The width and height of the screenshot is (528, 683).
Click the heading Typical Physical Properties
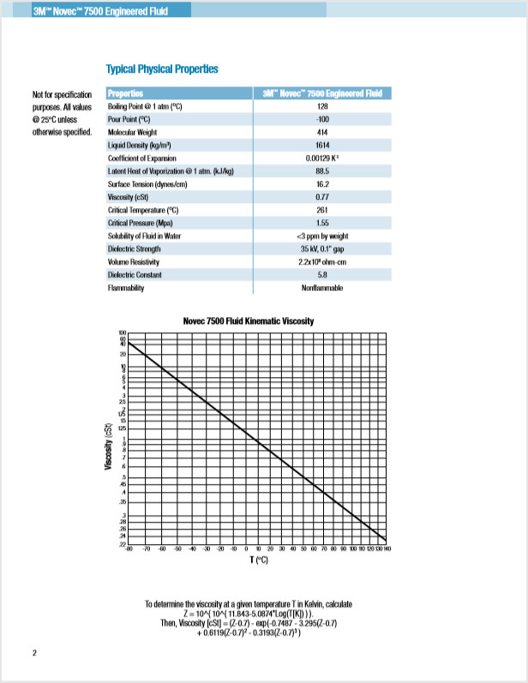click(161, 69)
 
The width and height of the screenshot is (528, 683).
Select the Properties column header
click(125, 93)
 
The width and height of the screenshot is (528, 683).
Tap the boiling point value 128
click(322, 105)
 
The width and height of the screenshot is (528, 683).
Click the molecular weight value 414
click(322, 132)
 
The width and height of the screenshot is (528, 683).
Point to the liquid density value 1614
click(322, 145)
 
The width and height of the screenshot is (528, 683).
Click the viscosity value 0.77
click(322, 196)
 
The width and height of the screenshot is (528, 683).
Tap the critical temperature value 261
click(322, 209)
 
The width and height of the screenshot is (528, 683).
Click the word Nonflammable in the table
click(322, 288)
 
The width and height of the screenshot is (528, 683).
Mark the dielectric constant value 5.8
click(322, 274)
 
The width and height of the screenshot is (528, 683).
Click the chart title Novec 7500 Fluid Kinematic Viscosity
click(249, 321)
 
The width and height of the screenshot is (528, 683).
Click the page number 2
click(34, 654)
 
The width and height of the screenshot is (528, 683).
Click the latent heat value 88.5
click(322, 171)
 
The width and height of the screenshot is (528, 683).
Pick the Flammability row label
click(126, 288)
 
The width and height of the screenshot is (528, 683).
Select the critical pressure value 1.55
click(322, 223)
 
